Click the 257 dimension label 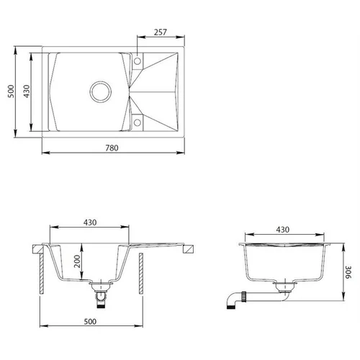click(x=161, y=32)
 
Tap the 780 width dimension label click(x=112, y=148)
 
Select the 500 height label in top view click(x=11, y=91)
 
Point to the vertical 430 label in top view click(x=27, y=91)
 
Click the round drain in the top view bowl click(x=101, y=91)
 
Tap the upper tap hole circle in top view click(x=138, y=61)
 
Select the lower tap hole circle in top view click(x=138, y=122)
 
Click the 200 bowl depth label click(x=77, y=261)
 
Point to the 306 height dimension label click(x=348, y=272)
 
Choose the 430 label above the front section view click(x=90, y=222)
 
